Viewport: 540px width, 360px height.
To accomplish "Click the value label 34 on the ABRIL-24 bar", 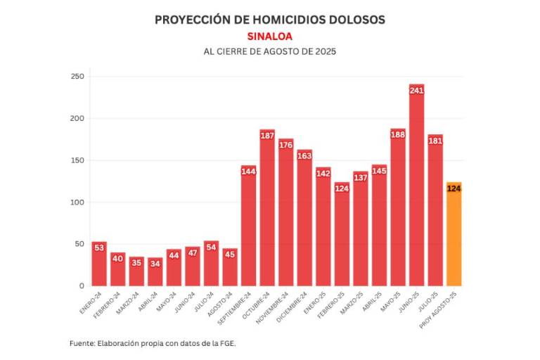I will (x=155, y=264).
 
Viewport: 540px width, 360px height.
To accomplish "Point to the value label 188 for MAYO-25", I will (x=398, y=135).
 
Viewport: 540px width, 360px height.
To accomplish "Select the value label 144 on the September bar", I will (x=248, y=171).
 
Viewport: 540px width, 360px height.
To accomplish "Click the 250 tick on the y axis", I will (x=77, y=77).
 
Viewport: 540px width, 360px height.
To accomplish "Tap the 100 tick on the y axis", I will (x=77, y=202).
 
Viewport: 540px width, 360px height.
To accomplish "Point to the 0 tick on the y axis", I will (x=81, y=286).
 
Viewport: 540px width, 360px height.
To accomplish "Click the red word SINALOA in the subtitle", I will (x=270, y=36).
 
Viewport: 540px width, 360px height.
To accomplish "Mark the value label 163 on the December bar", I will (x=304, y=155).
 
